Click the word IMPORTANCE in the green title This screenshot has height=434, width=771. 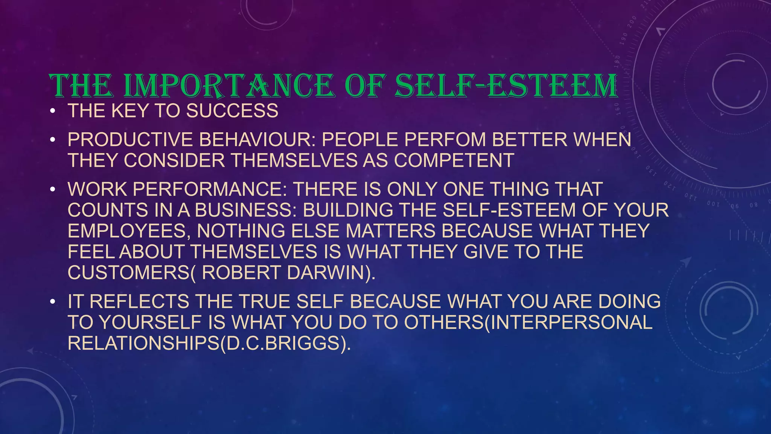[229, 86]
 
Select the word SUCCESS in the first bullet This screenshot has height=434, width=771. [232, 111]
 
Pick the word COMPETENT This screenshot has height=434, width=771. [454, 160]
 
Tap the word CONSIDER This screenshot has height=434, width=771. [174, 160]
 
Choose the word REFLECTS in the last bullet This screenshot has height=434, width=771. [139, 302]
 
